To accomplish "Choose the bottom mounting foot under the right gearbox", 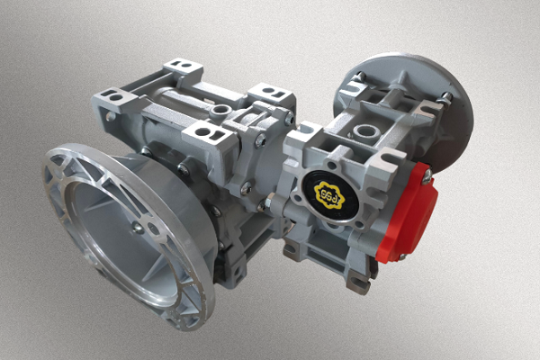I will [358, 280].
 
